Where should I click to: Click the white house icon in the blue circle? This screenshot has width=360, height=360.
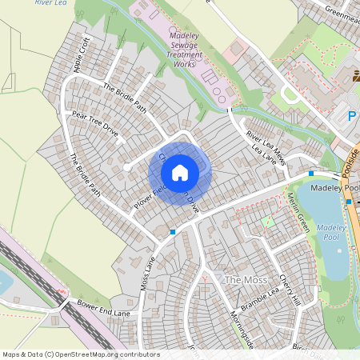(180, 172)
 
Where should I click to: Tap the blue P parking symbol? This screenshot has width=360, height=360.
(351, 116)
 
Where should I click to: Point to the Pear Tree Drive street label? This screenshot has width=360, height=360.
(95, 126)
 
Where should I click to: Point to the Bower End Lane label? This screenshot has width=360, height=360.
(103, 307)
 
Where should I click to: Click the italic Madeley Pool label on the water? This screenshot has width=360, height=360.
(330, 233)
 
